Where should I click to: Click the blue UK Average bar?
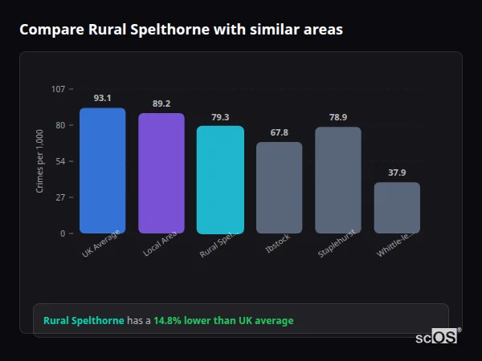click(102, 170)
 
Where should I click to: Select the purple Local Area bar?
click(161, 172)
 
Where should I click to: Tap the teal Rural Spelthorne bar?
click(220, 180)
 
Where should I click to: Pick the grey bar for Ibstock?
click(279, 188)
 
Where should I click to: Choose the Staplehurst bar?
click(337, 180)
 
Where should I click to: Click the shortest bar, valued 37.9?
click(397, 208)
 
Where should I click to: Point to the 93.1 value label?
click(102, 98)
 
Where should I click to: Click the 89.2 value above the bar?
click(161, 103)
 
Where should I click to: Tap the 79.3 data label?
click(220, 117)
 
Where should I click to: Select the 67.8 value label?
click(279, 132)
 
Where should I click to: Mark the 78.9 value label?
click(337, 117)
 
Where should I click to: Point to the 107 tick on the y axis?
click(58, 89)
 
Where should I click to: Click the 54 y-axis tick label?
click(60, 161)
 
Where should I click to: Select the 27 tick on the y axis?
click(60, 197)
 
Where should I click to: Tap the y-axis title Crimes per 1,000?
click(40, 161)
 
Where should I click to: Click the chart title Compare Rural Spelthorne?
click(181, 30)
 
